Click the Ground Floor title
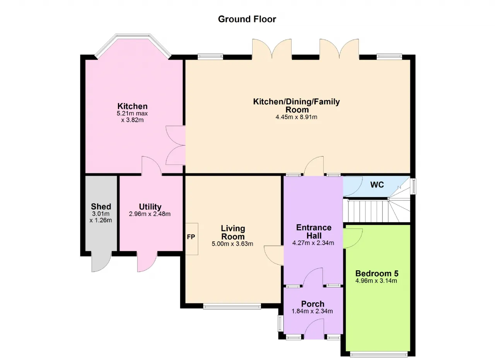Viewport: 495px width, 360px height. click(247, 19)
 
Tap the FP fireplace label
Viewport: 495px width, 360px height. click(191, 237)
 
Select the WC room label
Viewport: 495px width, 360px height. click(377, 185)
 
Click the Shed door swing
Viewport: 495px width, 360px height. click(101, 261)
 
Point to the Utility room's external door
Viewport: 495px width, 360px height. click(147, 262)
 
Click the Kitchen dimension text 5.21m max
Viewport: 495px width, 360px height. click(132, 113)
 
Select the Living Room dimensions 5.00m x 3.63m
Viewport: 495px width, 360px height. click(232, 244)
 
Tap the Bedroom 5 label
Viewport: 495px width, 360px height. click(377, 274)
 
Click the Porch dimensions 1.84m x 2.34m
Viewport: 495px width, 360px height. click(312, 311)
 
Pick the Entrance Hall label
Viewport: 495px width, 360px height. click(314, 231)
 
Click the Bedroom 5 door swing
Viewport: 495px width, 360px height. click(353, 238)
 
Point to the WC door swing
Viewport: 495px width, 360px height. click(353, 186)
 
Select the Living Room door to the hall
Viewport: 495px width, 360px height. click(274, 255)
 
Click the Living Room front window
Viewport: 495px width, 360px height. click(232, 306)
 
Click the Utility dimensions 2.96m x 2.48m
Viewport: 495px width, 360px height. click(150, 214)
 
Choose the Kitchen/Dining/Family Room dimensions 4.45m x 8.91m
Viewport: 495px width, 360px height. click(296, 117)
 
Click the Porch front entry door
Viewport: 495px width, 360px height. click(314, 329)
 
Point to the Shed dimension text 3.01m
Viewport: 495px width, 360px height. click(101, 214)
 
